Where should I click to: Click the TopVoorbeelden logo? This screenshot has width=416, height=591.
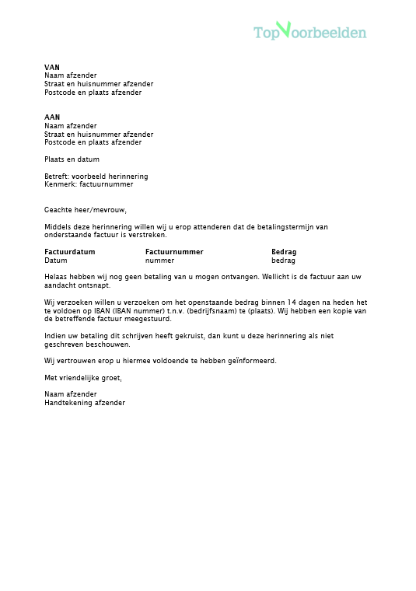coord(309,31)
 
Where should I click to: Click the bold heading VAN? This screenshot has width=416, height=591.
coord(52,68)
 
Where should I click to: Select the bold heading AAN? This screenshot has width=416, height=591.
coord(52,117)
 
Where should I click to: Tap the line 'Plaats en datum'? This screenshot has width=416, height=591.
coord(72,159)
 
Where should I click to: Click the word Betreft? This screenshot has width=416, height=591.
coord(56,177)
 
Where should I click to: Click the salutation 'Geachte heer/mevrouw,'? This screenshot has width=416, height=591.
coord(86,209)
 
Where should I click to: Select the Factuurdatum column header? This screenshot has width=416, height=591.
coord(70,252)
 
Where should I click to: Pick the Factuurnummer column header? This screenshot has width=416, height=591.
coord(174,252)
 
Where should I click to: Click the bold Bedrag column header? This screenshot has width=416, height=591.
coord(284,252)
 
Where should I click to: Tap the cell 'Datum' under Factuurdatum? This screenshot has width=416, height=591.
coord(56,261)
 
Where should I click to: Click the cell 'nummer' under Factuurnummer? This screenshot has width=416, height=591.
coord(160,261)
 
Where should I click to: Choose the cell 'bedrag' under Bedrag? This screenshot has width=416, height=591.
coord(283,261)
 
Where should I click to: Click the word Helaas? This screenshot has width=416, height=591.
coord(56,277)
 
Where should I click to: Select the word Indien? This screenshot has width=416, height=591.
coord(55,335)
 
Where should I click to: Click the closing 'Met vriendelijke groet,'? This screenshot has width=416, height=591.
coord(84,378)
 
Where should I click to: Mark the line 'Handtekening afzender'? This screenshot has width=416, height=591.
coord(85,403)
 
